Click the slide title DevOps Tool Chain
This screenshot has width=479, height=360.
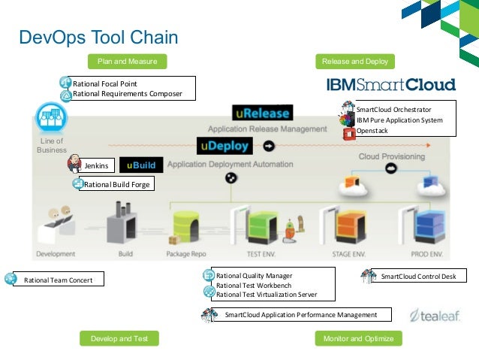(98, 38)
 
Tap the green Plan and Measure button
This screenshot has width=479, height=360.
(128, 62)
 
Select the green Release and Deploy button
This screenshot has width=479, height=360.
(354, 62)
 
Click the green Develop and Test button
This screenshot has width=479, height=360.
(119, 339)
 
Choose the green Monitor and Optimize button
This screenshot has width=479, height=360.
(358, 339)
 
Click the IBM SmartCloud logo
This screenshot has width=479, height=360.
(390, 84)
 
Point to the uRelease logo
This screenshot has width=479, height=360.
(261, 113)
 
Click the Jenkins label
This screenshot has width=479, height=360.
(96, 165)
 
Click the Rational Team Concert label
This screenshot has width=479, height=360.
(59, 280)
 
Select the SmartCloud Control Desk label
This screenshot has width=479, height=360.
(418, 277)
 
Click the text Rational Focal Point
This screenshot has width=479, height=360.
(104, 83)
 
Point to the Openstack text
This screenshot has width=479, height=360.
(372, 131)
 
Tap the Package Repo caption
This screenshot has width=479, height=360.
(186, 254)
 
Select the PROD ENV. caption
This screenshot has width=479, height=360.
(431, 254)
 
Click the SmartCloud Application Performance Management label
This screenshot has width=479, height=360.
(300, 314)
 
